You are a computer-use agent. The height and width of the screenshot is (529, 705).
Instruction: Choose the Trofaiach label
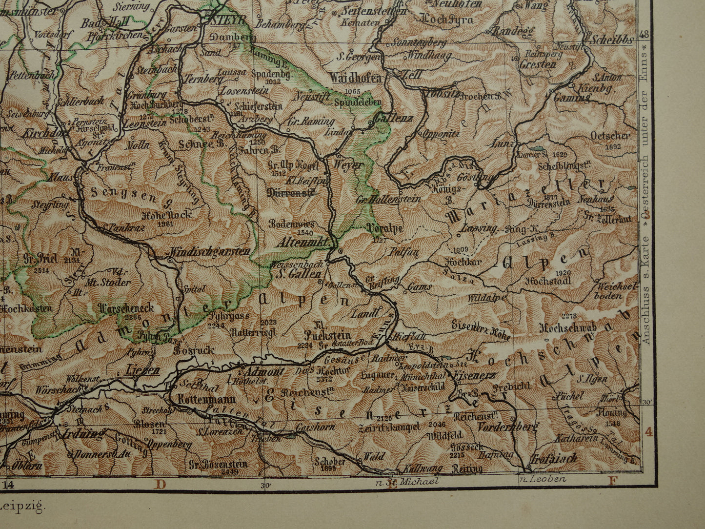[x=553, y=458]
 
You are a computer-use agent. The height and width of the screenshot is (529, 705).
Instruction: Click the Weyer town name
[x=348, y=165]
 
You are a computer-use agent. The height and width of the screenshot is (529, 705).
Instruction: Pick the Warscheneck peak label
[x=126, y=308]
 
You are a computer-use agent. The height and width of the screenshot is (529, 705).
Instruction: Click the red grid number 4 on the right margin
[x=649, y=431]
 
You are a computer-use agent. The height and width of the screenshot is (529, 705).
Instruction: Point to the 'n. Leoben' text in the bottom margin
[x=542, y=479]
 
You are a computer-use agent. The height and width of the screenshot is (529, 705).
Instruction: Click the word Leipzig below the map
[x=22, y=506]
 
